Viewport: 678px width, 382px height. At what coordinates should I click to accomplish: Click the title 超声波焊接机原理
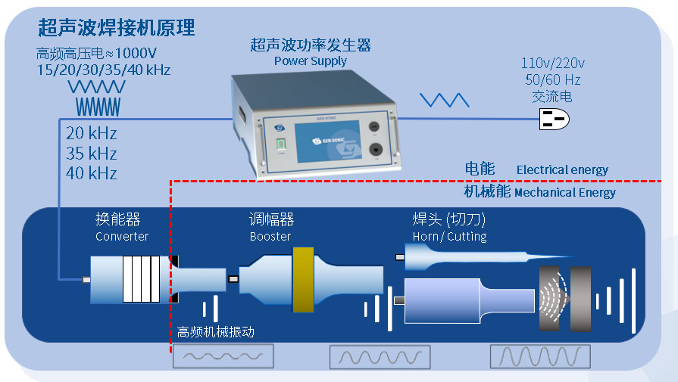coord(117,29)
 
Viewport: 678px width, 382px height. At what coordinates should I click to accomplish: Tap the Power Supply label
coord(310,61)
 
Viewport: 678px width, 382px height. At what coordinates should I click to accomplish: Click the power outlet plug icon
coord(552,119)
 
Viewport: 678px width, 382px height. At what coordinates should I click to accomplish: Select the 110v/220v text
coord(552,64)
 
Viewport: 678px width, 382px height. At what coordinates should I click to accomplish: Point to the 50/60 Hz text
coord(552,79)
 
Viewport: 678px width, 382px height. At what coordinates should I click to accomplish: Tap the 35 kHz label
coord(91,154)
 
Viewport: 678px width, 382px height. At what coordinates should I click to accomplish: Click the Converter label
coord(122,237)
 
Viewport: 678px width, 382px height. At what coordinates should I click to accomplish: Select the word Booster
coord(270,237)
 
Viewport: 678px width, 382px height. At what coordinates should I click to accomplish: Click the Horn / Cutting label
coord(449,237)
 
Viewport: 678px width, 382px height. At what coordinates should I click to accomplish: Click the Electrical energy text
coord(562,170)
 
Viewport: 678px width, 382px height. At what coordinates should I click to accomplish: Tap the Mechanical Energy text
coord(564,193)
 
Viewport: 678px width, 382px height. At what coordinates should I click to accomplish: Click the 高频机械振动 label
coord(215,331)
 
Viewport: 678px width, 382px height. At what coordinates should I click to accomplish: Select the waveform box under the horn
coord(539,356)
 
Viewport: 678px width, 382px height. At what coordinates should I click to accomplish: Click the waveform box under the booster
coord(380,356)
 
